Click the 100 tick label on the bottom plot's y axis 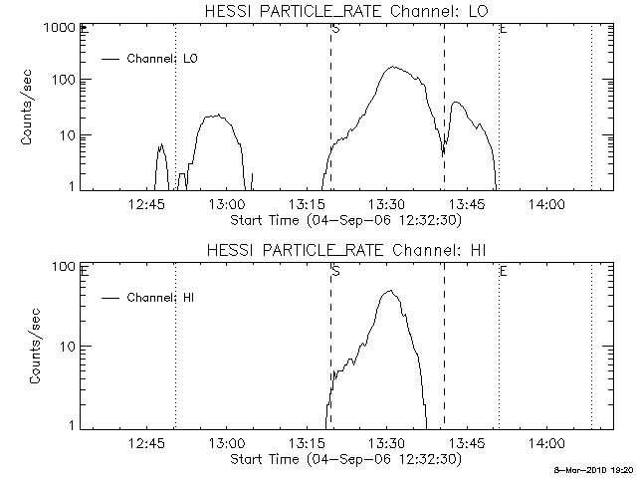click(x=63, y=267)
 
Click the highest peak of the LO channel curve click(x=393, y=68)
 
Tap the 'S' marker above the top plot click(x=335, y=30)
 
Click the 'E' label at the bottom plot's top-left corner click(x=85, y=270)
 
